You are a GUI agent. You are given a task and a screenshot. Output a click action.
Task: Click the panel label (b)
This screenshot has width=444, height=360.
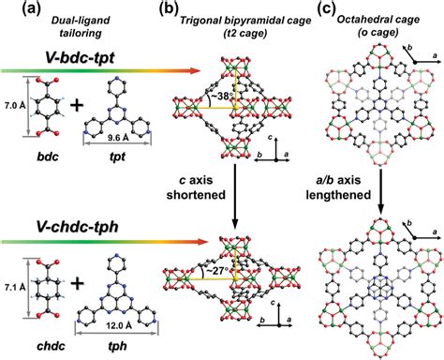click(145, 8)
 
